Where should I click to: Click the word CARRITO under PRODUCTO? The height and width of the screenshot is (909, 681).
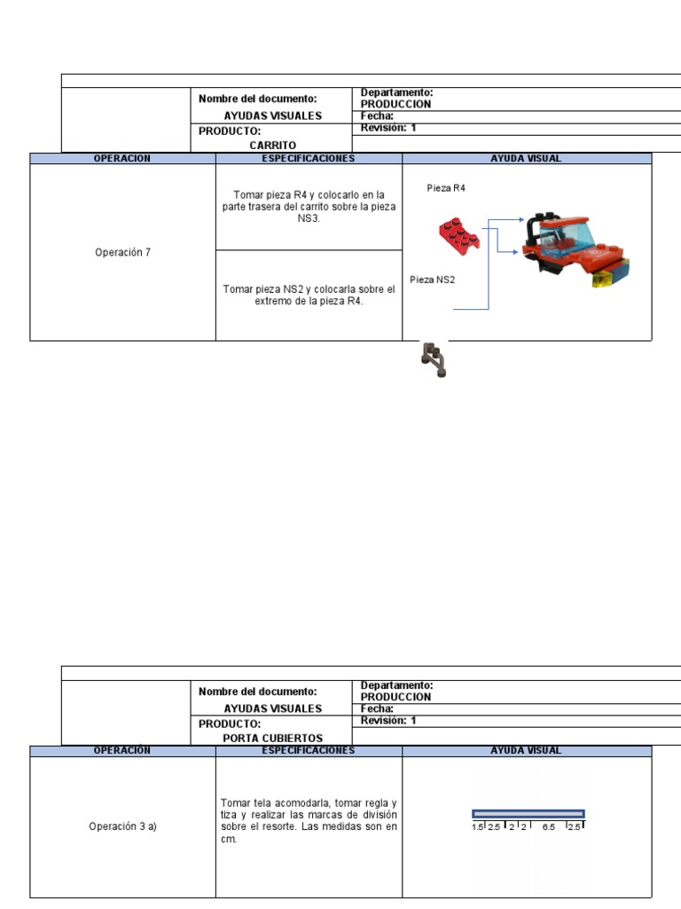tap(272, 145)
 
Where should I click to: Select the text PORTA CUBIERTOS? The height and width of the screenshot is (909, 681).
tap(272, 738)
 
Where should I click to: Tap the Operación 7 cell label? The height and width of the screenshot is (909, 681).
tap(122, 252)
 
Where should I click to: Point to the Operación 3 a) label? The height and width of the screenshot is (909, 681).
tap(122, 826)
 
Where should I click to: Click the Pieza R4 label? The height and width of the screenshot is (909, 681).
tap(446, 188)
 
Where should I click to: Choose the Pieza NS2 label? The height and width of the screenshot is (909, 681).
tap(432, 280)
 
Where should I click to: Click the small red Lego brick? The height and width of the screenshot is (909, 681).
tap(459, 234)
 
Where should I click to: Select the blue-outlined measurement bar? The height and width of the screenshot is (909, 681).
tap(528, 813)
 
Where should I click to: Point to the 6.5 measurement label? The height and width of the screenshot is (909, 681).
tap(549, 826)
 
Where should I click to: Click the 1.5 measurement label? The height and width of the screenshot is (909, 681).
tap(477, 826)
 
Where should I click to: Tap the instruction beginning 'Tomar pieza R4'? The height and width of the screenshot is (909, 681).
tap(309, 206)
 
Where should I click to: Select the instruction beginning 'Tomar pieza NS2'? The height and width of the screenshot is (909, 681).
tap(309, 295)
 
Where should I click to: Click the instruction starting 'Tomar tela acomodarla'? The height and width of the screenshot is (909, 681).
tap(309, 820)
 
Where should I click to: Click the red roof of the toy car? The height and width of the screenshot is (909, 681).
tap(560, 219)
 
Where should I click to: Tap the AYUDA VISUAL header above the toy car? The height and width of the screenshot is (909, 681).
tap(526, 158)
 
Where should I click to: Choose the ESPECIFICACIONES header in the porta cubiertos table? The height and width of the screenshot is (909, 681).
tap(308, 750)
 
